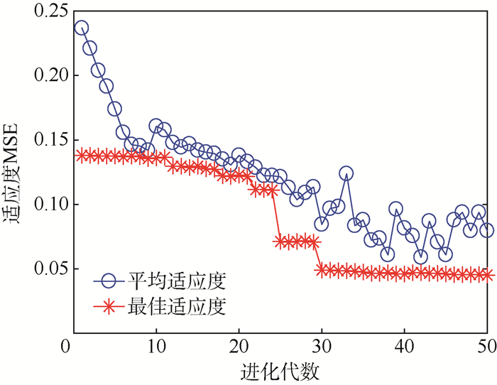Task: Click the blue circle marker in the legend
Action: (x=109, y=281)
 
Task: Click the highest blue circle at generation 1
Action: (x=82, y=28)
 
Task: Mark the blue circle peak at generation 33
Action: (x=346, y=173)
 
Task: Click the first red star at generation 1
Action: (x=82, y=156)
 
